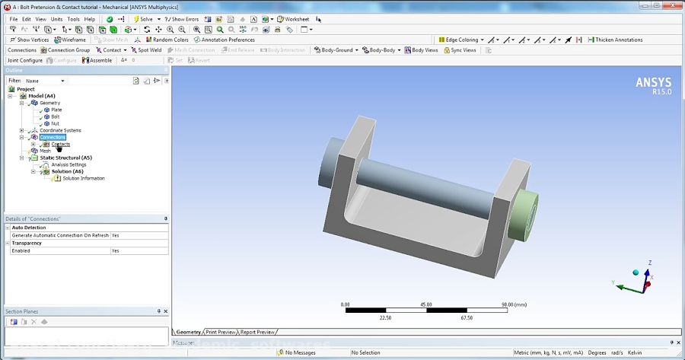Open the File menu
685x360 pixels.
(13, 19)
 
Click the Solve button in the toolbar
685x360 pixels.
(145, 19)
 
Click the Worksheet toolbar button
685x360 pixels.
(294, 19)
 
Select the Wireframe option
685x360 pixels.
(71, 40)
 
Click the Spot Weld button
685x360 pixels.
(146, 50)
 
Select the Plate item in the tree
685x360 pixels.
(56, 110)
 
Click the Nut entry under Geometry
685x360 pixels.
(55, 123)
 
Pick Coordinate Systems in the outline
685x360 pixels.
(60, 130)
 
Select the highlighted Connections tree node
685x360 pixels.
(53, 137)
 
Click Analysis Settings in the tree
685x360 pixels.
(68, 164)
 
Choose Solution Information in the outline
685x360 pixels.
(84, 178)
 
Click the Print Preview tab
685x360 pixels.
(221, 332)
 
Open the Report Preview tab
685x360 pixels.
(257, 332)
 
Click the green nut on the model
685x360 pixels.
(525, 217)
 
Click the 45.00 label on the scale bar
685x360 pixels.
(427, 304)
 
